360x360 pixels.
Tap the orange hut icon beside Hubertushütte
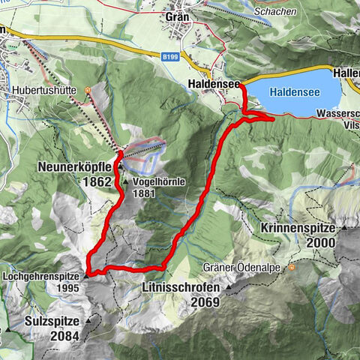tap(88, 91)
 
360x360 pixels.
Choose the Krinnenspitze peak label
tap(301, 227)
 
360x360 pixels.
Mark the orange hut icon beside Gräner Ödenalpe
tap(291, 267)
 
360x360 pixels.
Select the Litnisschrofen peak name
tap(180, 288)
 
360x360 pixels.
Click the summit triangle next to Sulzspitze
tap(87, 320)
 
